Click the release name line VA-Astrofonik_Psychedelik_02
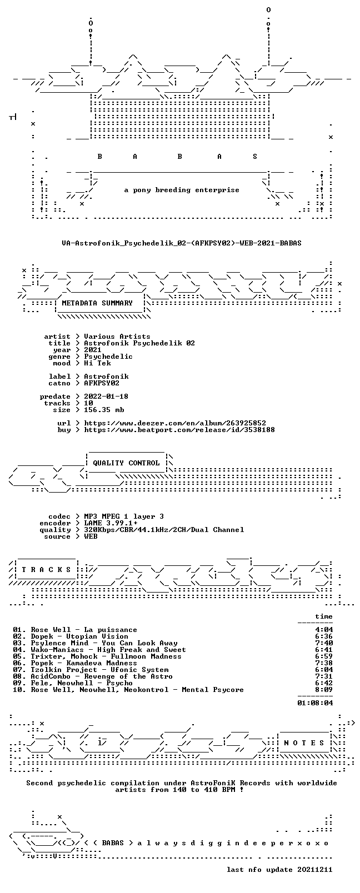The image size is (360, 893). [182, 243]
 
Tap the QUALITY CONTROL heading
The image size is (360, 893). [126, 463]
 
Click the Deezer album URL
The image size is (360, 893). [175, 423]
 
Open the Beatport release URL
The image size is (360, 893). [179, 430]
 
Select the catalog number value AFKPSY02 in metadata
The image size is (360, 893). [102, 383]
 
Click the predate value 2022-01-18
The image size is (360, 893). [106, 397]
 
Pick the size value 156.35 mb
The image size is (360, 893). [104, 410]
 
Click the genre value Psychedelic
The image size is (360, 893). [108, 357]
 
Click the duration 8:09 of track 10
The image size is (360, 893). [324, 690]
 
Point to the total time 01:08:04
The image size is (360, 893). [315, 703]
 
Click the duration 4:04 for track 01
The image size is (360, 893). [324, 630]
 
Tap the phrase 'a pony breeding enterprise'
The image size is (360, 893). [182, 190]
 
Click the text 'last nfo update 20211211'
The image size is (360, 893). [279, 870]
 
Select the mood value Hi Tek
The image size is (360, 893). [97, 363]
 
